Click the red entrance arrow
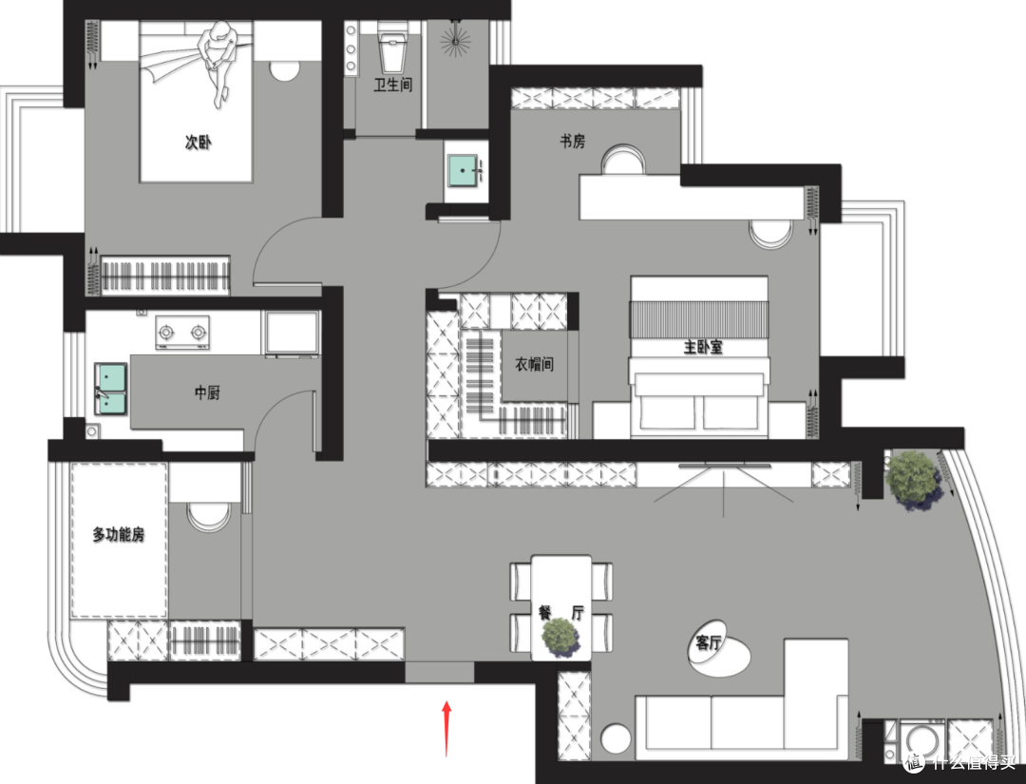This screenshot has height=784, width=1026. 446,728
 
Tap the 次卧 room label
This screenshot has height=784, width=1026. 198,142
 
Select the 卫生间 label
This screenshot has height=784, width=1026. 392,85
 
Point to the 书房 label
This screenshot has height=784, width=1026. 573,141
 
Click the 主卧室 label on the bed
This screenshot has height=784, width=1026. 703,347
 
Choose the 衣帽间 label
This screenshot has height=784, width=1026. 534,364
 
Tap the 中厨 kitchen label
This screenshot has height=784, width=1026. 207,392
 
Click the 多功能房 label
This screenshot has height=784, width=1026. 119,535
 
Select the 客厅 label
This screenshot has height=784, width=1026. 708,643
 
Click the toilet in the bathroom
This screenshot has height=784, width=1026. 392,47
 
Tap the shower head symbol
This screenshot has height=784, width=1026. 455,39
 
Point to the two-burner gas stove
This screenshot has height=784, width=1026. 181,333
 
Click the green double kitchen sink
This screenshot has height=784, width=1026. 110,389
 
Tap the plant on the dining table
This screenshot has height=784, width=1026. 560,636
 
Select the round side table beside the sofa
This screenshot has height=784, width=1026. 615,737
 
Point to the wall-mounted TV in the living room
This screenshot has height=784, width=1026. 724,466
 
